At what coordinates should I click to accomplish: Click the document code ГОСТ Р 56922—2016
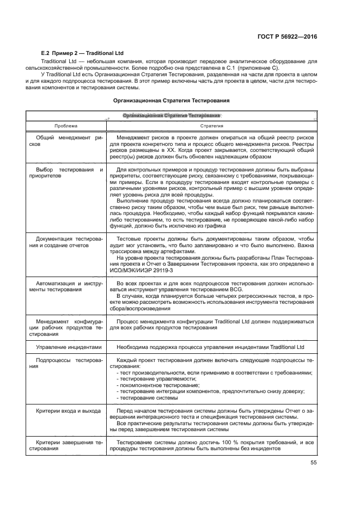(288, 36)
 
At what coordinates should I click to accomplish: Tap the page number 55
(313, 462)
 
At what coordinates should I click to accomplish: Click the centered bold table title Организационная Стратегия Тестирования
(170, 100)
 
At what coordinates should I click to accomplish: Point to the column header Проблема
(65, 126)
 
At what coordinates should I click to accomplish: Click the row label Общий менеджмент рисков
(65, 142)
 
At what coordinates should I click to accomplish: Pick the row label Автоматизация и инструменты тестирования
(65, 287)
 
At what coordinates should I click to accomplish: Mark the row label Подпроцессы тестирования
(65, 364)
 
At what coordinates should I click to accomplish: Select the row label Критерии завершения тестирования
(65, 445)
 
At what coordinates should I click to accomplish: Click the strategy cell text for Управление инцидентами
(211, 347)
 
